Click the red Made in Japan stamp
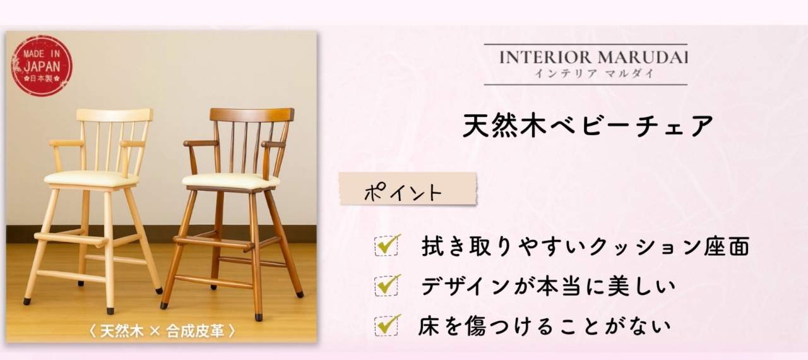[x=42, y=66]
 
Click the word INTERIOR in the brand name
[x=545, y=57]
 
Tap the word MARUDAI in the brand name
[x=643, y=57]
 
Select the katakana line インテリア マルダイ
[x=594, y=74]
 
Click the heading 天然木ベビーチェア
[x=588, y=126]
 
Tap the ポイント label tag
[x=408, y=189]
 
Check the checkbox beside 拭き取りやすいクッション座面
[x=387, y=245]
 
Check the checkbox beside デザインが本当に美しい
[x=387, y=285]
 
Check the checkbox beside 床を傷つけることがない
[x=387, y=325]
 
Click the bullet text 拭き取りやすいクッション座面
[x=585, y=246]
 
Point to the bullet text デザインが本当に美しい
[x=547, y=286]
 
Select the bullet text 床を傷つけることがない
[x=545, y=326]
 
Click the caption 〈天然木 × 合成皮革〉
[x=162, y=331]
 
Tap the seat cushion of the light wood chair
[x=90, y=178]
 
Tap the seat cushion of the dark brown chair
[x=230, y=181]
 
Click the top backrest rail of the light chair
[x=115, y=115]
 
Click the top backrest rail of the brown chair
[x=252, y=115]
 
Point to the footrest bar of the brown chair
[x=213, y=243]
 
